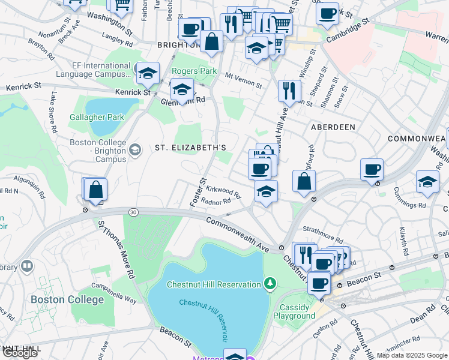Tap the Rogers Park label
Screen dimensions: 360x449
(194, 71)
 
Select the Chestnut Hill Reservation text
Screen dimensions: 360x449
(214, 284)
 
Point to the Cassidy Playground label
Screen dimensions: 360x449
(294, 311)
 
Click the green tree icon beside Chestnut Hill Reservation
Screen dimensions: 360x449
(271, 283)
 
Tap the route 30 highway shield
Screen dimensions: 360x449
(133, 212)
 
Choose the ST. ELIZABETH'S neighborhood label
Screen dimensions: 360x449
(190, 148)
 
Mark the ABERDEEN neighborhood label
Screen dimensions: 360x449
(333, 127)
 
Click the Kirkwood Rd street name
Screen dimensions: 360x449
(223, 192)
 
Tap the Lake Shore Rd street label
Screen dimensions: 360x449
(53, 113)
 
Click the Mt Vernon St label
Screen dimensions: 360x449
(244, 80)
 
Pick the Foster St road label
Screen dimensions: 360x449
(197, 193)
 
